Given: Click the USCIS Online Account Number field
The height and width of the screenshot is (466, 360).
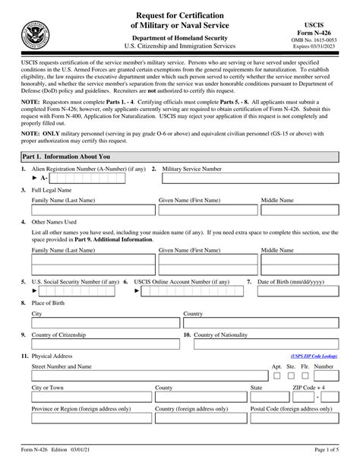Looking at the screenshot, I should (186, 291).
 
